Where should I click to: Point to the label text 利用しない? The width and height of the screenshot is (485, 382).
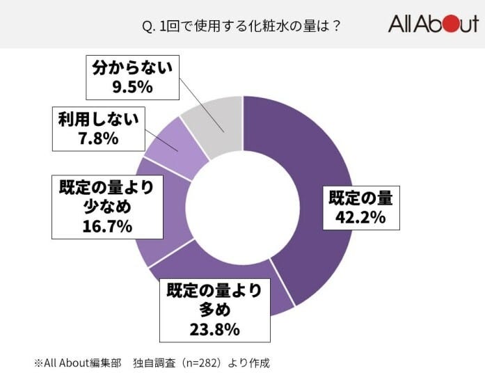(98, 118)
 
